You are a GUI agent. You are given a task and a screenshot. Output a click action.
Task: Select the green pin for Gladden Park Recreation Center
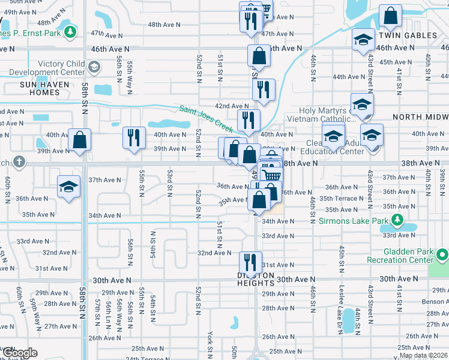pyautogui.click(x=442, y=256)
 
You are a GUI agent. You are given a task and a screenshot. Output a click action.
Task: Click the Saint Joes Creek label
pyautogui.click(x=206, y=118)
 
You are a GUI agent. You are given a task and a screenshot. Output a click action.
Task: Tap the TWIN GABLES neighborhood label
pyautogui.click(x=408, y=36)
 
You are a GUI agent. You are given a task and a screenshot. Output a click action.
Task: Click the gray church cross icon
pyautogui.click(x=19, y=161)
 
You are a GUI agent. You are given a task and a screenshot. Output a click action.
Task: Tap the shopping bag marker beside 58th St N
pyautogui.click(x=79, y=140)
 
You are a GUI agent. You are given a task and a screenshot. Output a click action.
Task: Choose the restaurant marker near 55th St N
pyautogui.click(x=134, y=138)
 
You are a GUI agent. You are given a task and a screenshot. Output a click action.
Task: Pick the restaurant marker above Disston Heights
pyautogui.click(x=250, y=262)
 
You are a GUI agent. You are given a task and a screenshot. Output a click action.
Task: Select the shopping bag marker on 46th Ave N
pyautogui.click(x=259, y=56)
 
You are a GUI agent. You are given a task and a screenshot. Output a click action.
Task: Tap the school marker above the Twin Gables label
pyautogui.click(x=363, y=40)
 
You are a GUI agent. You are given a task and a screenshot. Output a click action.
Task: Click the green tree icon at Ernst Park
pyautogui.click(x=71, y=31)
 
